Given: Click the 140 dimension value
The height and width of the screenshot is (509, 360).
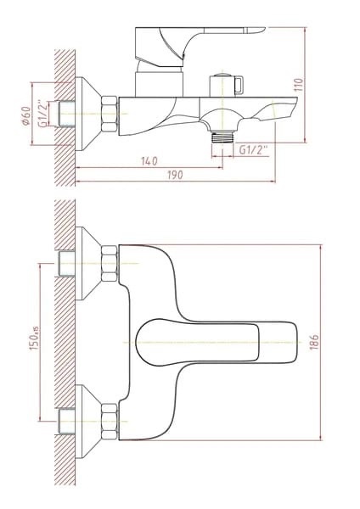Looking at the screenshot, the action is pyautogui.click(x=149, y=160).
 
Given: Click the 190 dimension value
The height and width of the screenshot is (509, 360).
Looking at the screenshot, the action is pyautogui.click(x=175, y=175).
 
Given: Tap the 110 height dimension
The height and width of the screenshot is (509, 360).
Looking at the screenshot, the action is pyautogui.click(x=299, y=85).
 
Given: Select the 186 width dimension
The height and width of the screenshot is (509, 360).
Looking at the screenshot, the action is pyautogui.click(x=314, y=342).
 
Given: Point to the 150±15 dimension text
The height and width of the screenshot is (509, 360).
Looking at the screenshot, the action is pyautogui.click(x=35, y=338).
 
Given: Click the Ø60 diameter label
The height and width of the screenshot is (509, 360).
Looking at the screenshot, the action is pyautogui.click(x=26, y=115).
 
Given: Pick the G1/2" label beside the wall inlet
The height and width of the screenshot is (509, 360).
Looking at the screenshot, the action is pyautogui.click(x=43, y=114).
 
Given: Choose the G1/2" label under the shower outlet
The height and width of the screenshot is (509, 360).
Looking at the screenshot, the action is pyautogui.click(x=253, y=149).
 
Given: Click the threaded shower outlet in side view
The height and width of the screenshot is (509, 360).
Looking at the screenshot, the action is pyautogui.click(x=222, y=137).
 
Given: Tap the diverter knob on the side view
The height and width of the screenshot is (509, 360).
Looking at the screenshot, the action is pyautogui.click(x=226, y=85).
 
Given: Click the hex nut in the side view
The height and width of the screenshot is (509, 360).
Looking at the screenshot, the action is pyautogui.click(x=110, y=114).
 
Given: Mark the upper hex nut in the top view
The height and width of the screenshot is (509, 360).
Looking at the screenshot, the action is pyautogui.click(x=110, y=263).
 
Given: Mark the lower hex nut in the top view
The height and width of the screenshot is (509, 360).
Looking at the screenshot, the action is pyautogui.click(x=110, y=422).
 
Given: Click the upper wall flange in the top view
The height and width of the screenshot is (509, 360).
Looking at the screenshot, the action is pyautogui.click(x=88, y=263).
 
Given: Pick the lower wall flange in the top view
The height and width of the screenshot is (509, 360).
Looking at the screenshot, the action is pyautogui.click(x=88, y=422).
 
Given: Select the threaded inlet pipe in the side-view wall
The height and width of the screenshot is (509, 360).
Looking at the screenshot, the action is pyautogui.click(x=66, y=114).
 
